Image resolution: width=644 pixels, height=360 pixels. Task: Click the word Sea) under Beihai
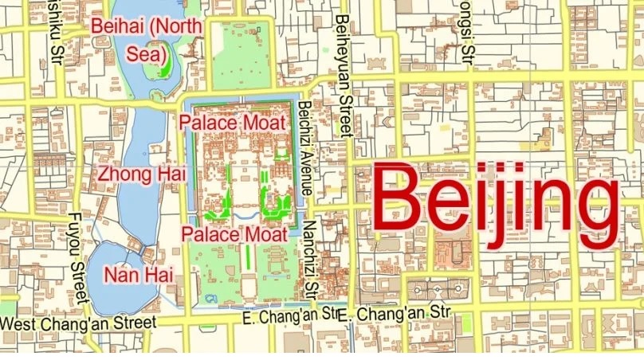pos(151,55)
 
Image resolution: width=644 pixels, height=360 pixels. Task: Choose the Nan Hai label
pos(139,275)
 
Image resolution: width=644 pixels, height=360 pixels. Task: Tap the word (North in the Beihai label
pos(179,26)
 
